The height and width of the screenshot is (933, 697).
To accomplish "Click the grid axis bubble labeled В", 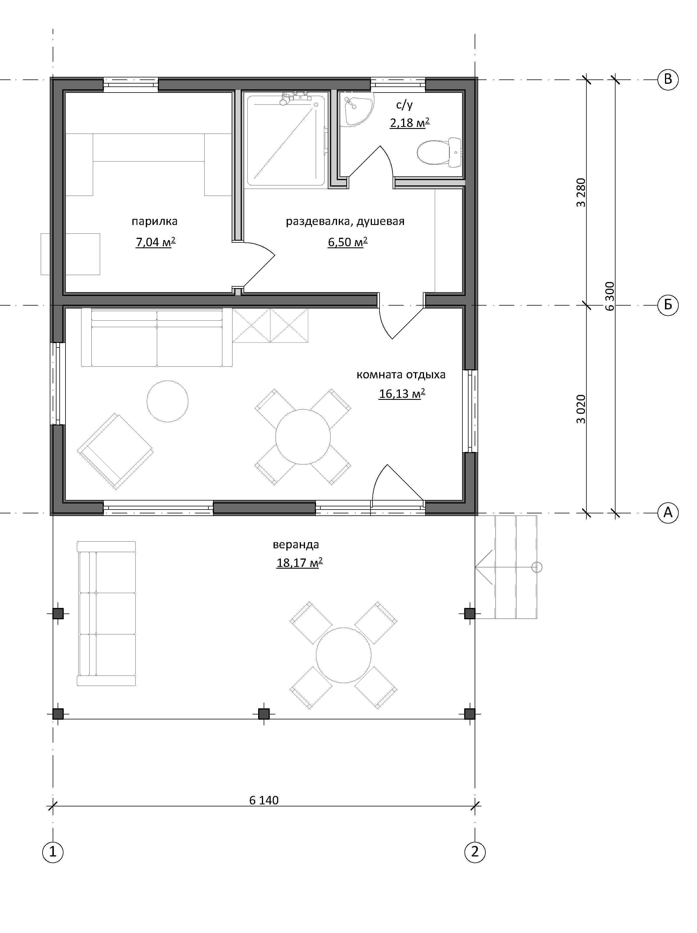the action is click(668, 79).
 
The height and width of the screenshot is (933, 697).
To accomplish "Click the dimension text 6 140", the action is click(264, 800).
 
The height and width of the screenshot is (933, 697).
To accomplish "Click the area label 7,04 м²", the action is click(155, 242).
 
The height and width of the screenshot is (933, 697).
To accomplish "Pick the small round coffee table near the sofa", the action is click(168, 401).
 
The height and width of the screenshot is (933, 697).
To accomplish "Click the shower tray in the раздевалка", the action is click(286, 141).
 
